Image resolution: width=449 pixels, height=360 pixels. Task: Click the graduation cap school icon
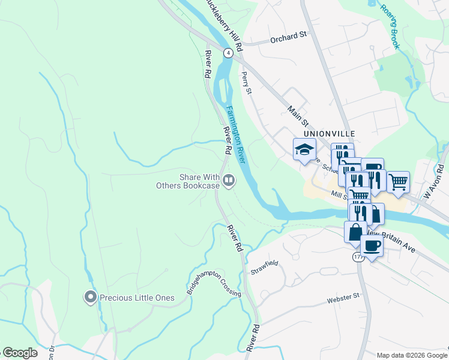click(x=304, y=149)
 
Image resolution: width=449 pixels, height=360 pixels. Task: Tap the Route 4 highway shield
click(x=228, y=53)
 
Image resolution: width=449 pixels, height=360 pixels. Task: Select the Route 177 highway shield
click(x=358, y=257)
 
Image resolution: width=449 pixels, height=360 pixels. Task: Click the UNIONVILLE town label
click(x=330, y=133)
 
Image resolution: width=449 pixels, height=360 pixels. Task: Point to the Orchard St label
click(x=288, y=37)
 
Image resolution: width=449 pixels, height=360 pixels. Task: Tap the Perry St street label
click(x=246, y=83)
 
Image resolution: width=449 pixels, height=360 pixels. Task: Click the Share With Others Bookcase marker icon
click(x=228, y=180)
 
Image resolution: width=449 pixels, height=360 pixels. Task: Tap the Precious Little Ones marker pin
click(x=91, y=297)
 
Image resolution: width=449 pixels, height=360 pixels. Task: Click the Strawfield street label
click(x=264, y=267)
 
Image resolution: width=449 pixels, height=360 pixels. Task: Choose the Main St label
click(x=297, y=112)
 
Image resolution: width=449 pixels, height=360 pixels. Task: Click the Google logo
click(x=20, y=352)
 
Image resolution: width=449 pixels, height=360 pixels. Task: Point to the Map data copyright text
click(x=411, y=355)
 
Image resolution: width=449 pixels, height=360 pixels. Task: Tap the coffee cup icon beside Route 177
click(x=372, y=246)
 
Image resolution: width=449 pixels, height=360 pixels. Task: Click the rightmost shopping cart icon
click(x=398, y=181)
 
